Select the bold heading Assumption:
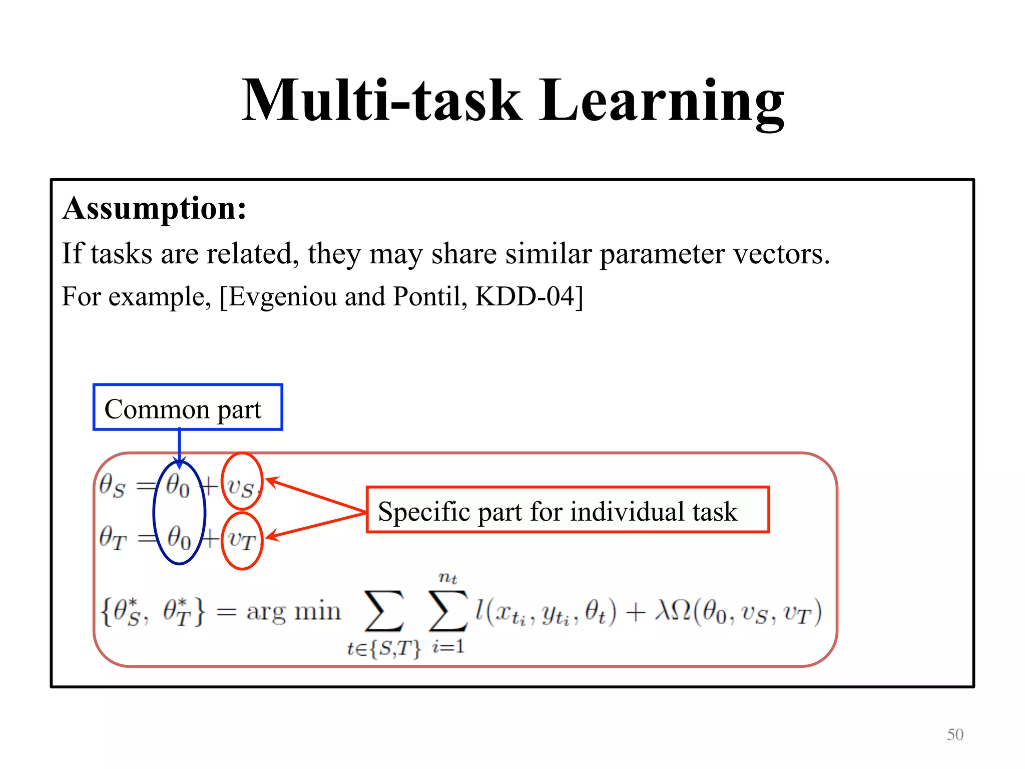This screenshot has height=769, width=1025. (155, 208)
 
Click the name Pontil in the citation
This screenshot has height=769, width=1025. (426, 296)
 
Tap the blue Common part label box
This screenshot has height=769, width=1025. (188, 407)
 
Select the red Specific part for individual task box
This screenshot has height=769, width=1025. (568, 510)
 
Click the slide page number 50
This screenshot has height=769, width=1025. (955, 734)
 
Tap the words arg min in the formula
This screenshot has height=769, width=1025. (294, 612)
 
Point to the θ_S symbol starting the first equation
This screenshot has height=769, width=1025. (112, 486)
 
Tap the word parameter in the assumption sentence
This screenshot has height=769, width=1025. (662, 254)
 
